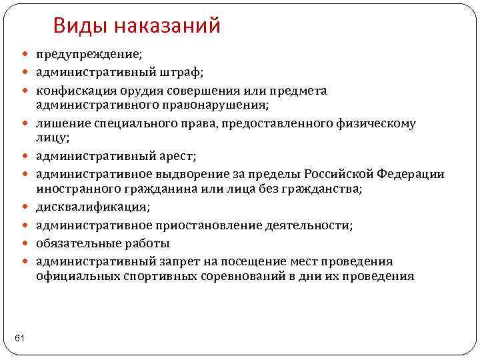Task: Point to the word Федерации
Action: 411,175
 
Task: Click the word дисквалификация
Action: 92,207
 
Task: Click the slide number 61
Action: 19,339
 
